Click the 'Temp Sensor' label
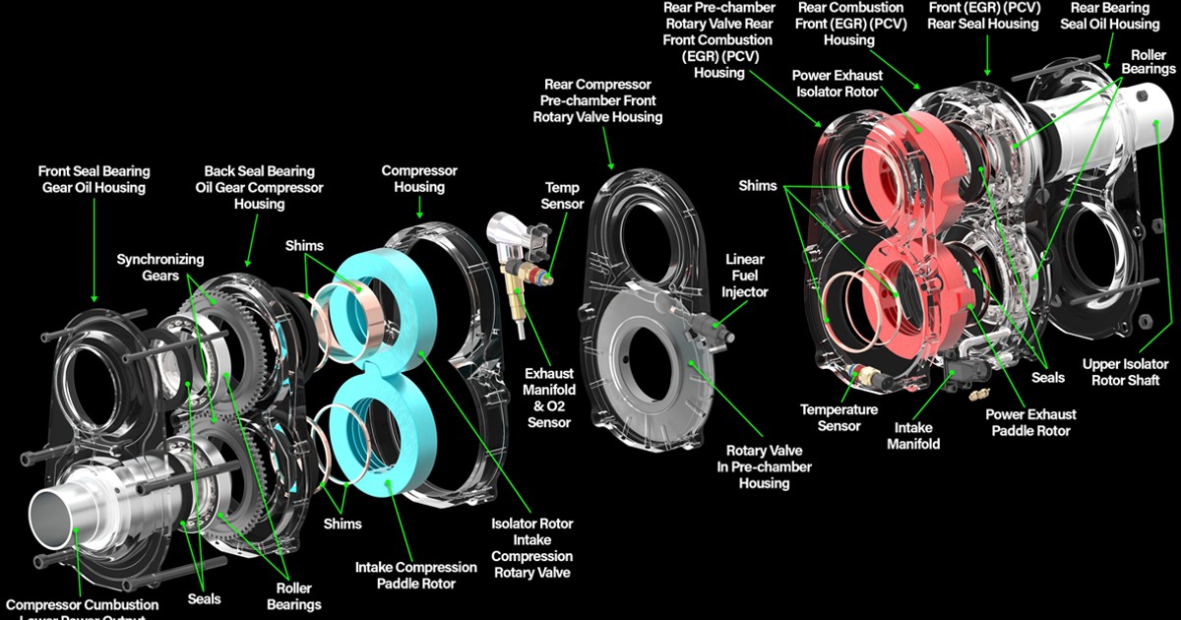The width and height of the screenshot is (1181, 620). point(563,196)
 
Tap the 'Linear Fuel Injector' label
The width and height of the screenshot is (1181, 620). point(745,276)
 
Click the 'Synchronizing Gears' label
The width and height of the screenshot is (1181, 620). point(160,268)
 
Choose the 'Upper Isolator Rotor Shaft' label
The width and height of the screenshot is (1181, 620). point(1125,372)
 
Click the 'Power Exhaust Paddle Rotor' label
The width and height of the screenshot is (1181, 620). point(1030,422)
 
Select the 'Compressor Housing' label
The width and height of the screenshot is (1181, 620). point(412,179)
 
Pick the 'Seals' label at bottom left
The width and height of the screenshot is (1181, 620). point(204,598)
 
